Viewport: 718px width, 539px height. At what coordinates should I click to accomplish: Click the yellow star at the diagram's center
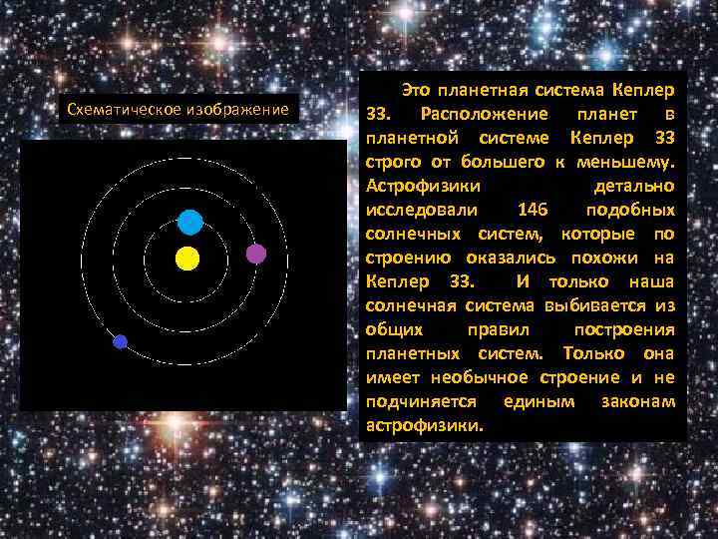pyautogui.click(x=187, y=260)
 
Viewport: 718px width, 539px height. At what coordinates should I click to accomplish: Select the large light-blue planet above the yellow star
pyautogui.click(x=189, y=223)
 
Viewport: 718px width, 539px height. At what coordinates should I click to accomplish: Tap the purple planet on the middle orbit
pyautogui.click(x=256, y=254)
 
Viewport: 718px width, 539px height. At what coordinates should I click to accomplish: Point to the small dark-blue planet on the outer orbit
pyautogui.click(x=121, y=341)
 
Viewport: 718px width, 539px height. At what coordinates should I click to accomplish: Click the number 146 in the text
pyautogui.click(x=536, y=210)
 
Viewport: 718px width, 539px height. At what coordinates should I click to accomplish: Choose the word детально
pyautogui.click(x=634, y=186)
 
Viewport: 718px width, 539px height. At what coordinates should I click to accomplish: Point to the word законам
pyautogui.click(x=638, y=401)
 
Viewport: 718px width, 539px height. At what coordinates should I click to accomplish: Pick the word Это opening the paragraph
pyautogui.click(x=416, y=90)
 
